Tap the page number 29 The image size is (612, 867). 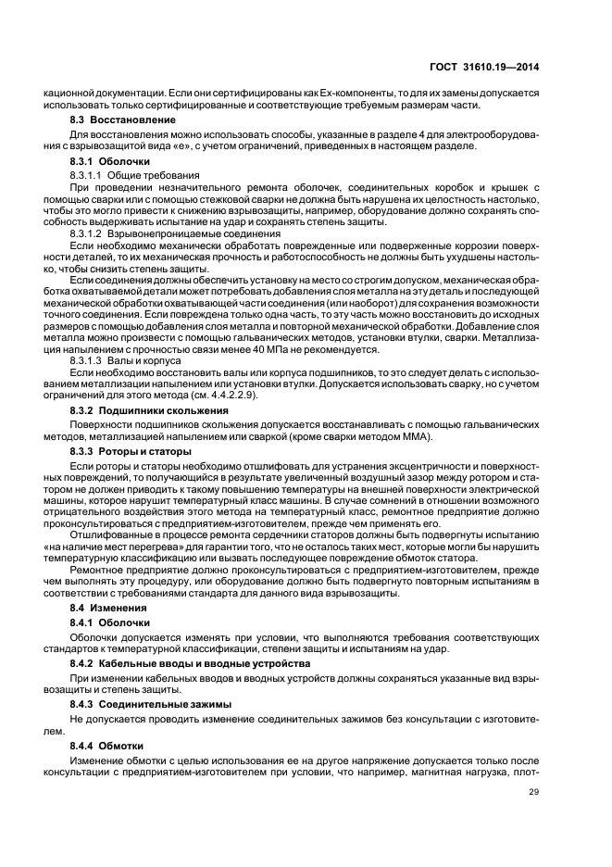(x=535, y=791)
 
